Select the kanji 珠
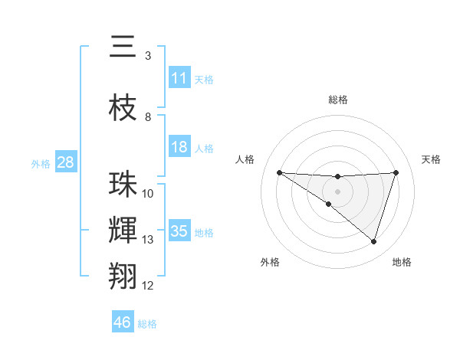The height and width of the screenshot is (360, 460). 123,185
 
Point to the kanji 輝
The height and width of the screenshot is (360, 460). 123,229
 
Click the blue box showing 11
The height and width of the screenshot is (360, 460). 179,78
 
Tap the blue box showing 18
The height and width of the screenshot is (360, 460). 179,147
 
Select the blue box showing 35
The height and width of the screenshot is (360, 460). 179,231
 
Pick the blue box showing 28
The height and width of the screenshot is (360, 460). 65,162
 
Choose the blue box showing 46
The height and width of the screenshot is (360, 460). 123,322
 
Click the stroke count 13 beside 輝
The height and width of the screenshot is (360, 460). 148,240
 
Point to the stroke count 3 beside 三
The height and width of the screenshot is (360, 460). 148,56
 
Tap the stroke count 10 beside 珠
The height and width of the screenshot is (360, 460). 148,194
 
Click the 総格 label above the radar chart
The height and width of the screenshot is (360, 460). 338,100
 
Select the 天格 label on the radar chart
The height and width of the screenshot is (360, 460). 432,159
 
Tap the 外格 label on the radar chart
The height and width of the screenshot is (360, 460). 270,263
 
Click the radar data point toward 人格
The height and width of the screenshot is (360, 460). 279,172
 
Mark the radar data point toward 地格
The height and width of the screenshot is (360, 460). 373,241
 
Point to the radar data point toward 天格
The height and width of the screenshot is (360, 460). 396,172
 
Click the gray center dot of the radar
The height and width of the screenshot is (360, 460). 337,191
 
